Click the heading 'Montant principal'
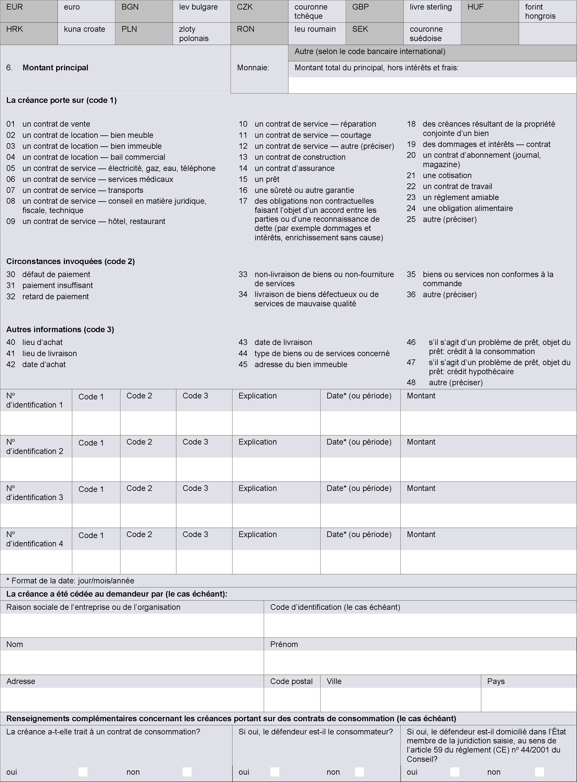tap(55, 68)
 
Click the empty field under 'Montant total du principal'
tap(432, 85)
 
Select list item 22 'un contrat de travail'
tap(457, 186)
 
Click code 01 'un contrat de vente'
tap(56, 124)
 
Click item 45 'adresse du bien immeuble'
tap(301, 364)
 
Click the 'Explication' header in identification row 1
tap(257, 396)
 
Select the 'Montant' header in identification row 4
tap(421, 534)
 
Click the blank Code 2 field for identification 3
tap(148, 515)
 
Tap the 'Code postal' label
tap(291, 681)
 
